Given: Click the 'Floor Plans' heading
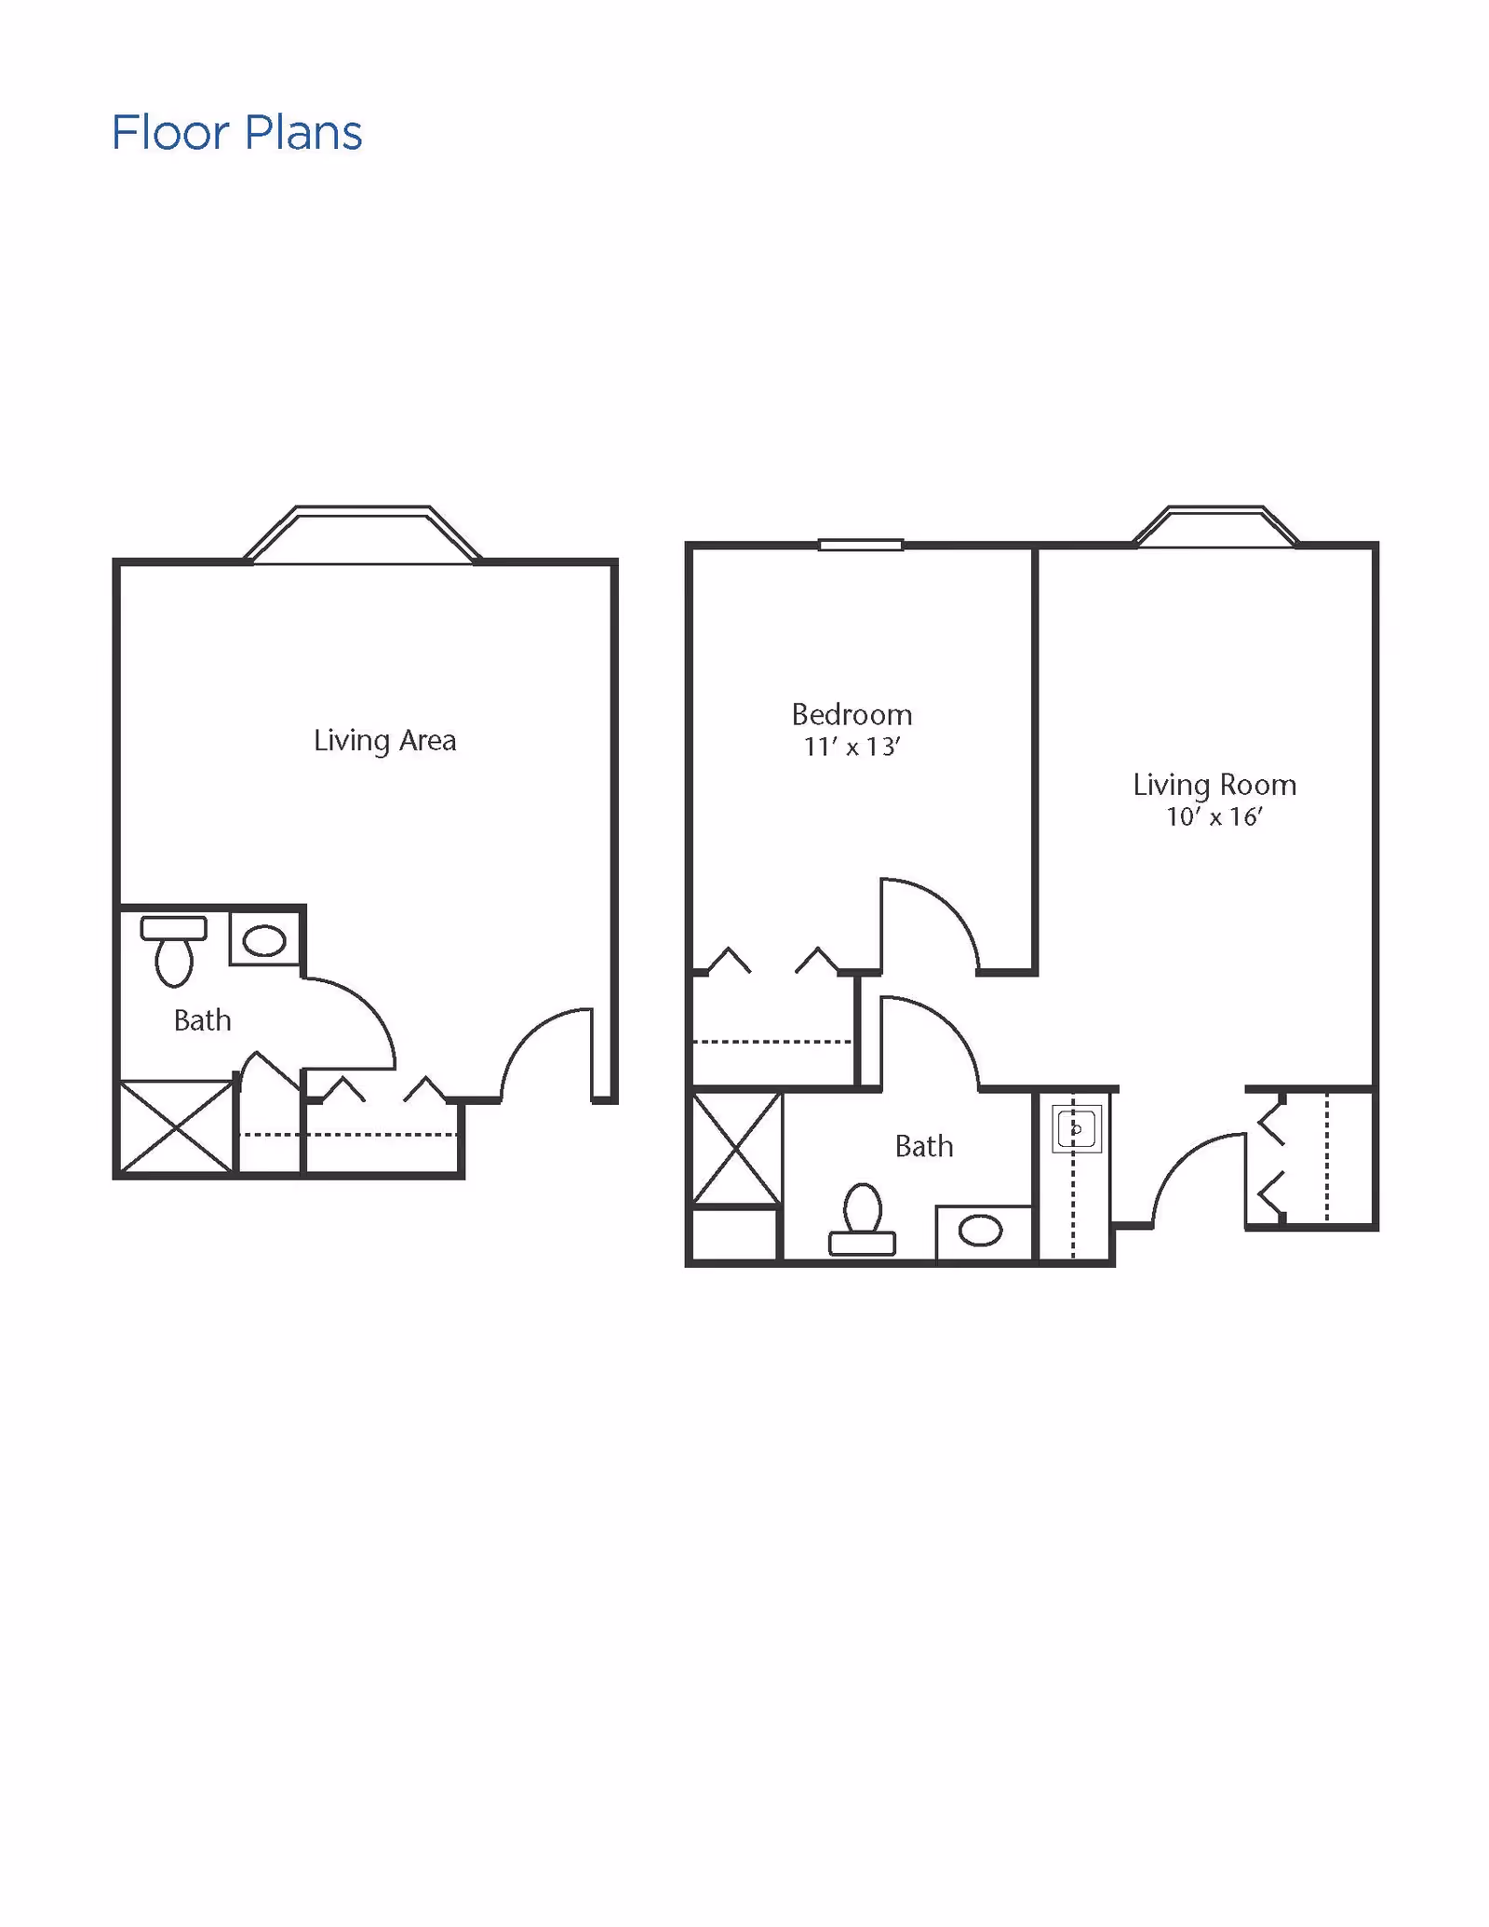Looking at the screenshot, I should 236,133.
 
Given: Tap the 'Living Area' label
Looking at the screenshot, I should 384,741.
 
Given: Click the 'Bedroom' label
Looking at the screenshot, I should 852,715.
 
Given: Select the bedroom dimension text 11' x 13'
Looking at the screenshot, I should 852,747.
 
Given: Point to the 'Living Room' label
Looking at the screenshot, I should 1214,785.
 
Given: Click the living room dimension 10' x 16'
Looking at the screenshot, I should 1214,817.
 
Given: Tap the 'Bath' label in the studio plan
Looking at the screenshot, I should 202,1020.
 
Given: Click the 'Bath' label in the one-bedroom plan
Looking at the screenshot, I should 924,1146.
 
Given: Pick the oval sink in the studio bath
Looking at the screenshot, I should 264,940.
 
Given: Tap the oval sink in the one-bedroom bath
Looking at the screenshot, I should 980,1232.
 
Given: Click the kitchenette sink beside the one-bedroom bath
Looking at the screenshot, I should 1077,1129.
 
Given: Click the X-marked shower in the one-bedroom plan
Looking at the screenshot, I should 736,1149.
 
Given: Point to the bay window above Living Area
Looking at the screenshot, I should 363,534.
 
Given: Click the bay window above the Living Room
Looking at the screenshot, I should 1215,526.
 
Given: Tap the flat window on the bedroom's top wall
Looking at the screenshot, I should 861,545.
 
